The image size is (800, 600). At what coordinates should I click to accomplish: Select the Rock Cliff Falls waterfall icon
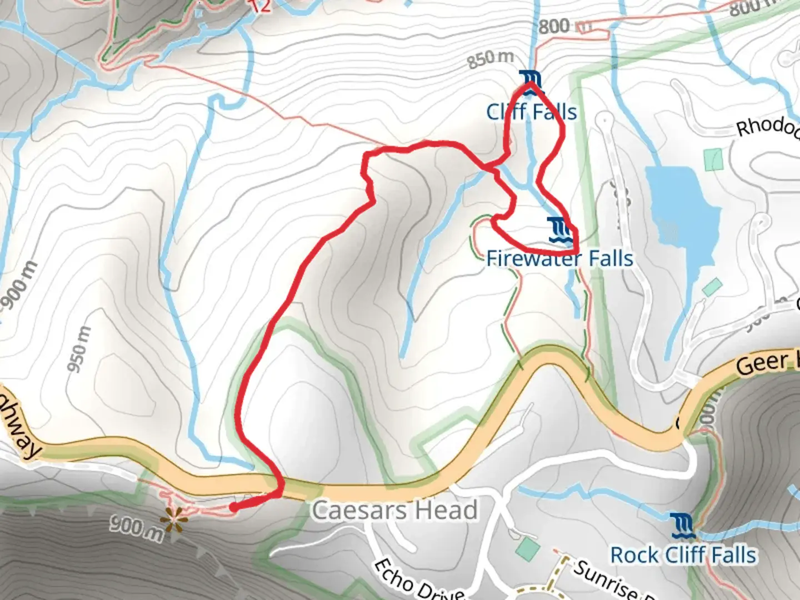coord(682,526)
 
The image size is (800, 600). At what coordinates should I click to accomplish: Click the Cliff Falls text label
coord(532,112)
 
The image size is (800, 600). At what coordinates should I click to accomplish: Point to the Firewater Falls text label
coord(559,259)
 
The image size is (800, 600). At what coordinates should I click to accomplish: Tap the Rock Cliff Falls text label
coord(683,555)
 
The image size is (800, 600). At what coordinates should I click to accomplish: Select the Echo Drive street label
coord(418,581)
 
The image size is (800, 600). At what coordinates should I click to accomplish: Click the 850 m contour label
coord(490,58)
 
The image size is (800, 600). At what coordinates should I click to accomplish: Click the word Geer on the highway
coord(762,364)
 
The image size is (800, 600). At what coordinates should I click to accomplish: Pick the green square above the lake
coord(713,159)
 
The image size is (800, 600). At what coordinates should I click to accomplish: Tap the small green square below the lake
coord(712,287)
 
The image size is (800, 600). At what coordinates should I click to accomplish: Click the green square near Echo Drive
coord(527,549)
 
